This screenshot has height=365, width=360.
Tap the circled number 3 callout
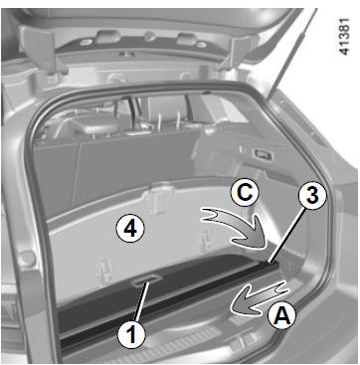(x=312, y=195)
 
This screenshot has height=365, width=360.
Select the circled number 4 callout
(x=130, y=229)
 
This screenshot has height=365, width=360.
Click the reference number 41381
(x=345, y=37)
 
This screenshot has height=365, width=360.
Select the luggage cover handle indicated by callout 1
(x=146, y=280)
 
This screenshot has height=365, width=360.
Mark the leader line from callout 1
(x=142, y=300)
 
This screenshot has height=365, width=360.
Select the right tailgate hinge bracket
(x=239, y=52)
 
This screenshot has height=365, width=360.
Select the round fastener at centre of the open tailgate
(x=150, y=36)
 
